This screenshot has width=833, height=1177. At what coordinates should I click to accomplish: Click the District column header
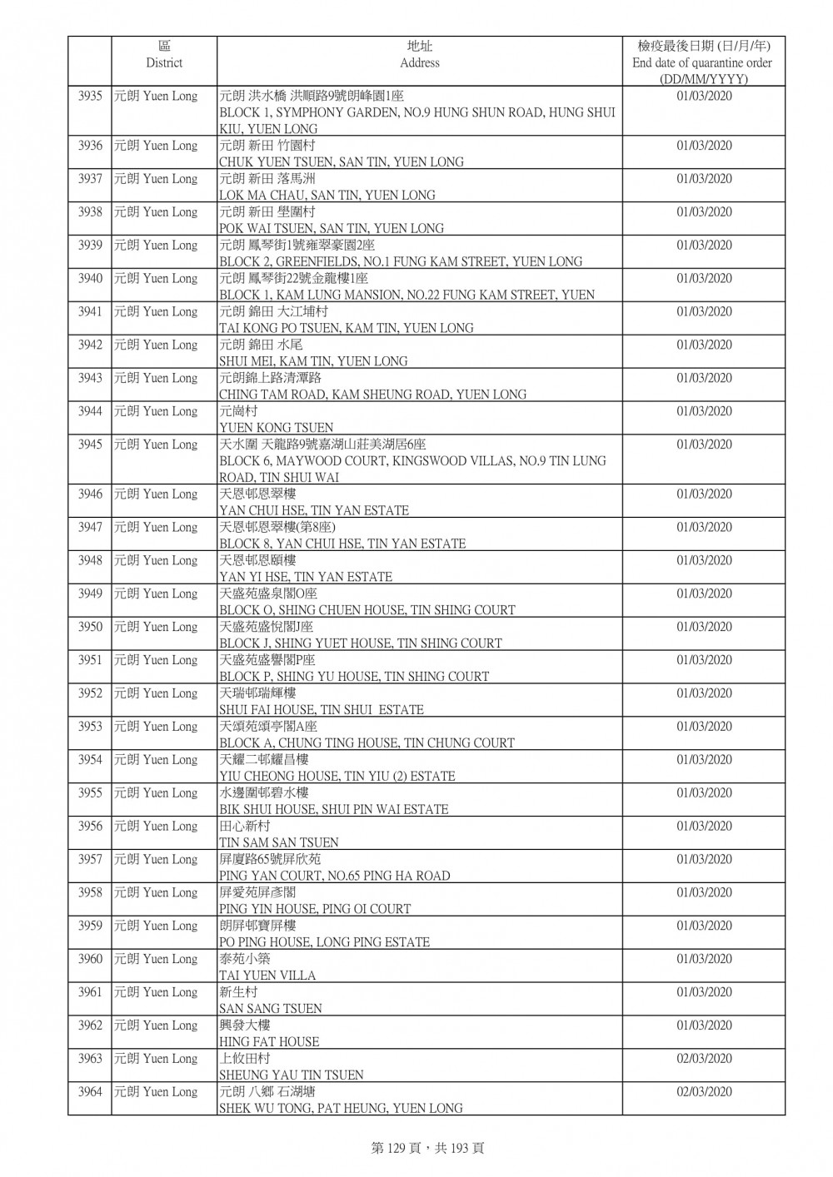pyautogui.click(x=164, y=55)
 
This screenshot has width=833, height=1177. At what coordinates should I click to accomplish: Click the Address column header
pyautogui.click(x=419, y=55)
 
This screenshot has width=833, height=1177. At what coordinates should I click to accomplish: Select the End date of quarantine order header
pyautogui.click(x=702, y=62)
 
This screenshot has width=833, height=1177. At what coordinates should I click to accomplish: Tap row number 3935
pyautogui.click(x=90, y=97)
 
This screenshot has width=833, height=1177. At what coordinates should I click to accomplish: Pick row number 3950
pyautogui.click(x=90, y=628)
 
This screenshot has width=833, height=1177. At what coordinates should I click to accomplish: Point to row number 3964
pyautogui.click(x=90, y=1092)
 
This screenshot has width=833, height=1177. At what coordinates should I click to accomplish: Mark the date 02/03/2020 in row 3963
pyautogui.click(x=704, y=1059)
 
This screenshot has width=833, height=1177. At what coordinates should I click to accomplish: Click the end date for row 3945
pyautogui.click(x=704, y=444)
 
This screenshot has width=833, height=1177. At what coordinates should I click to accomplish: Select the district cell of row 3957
pyautogui.click(x=156, y=860)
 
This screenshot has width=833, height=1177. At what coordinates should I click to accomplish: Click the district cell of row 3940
pyautogui.click(x=156, y=279)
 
